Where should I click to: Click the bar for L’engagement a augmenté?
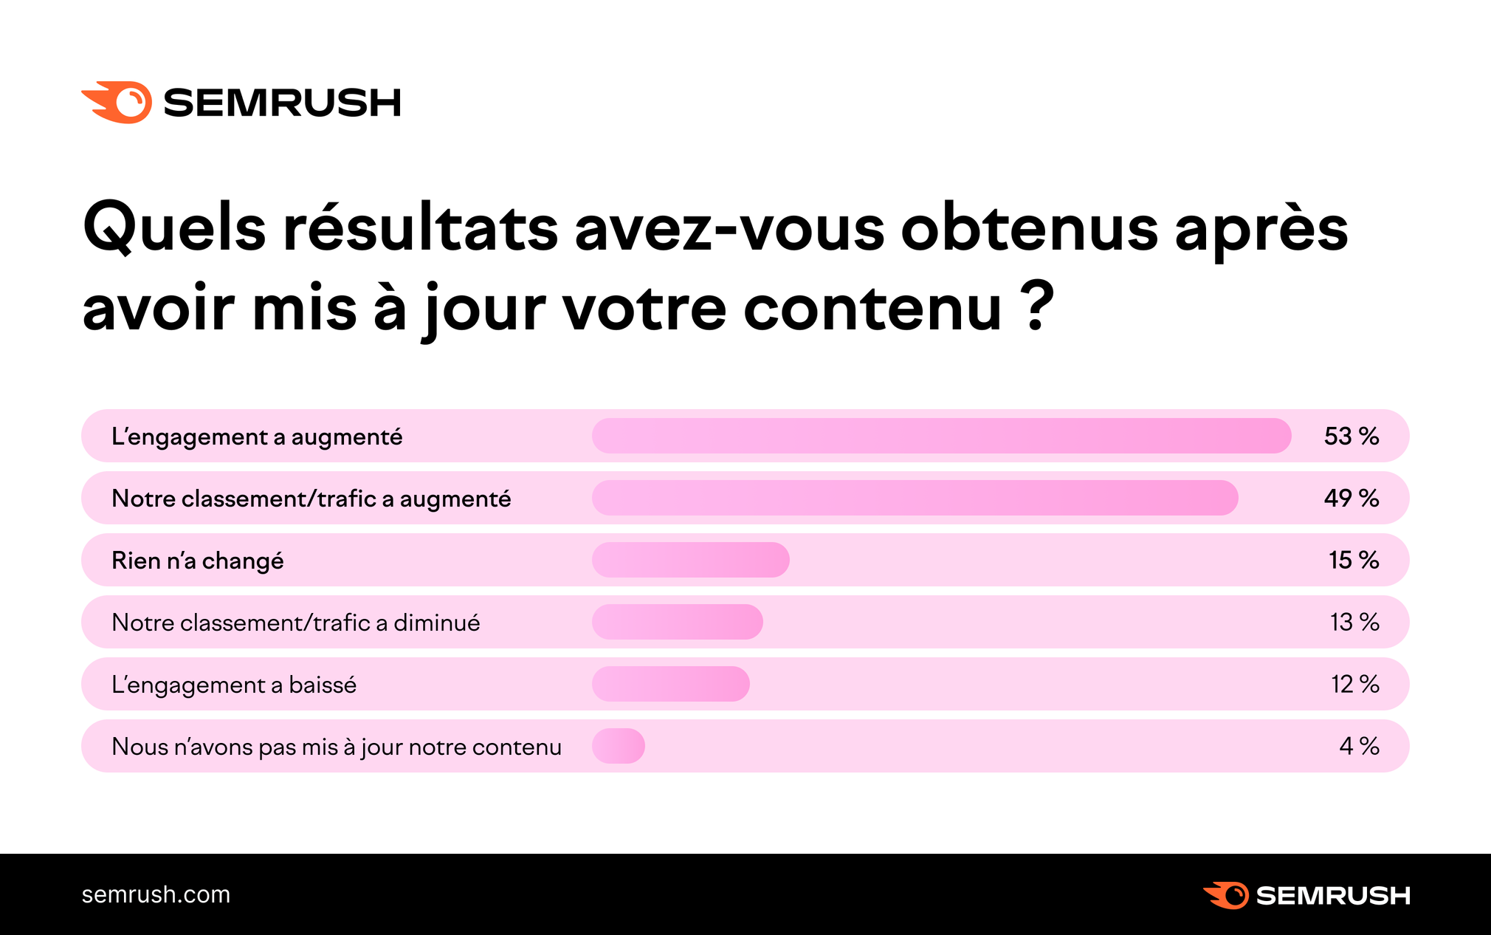click(941, 436)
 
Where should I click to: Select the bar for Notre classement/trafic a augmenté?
click(915, 498)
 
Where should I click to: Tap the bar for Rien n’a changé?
click(690, 560)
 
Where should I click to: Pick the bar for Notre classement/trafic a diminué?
click(677, 622)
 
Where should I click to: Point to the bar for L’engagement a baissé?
click(670, 684)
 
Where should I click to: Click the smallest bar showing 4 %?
click(619, 746)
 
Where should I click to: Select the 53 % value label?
click(1351, 436)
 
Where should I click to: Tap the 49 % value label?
click(1351, 498)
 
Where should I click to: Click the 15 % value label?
click(1353, 560)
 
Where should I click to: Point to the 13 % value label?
click(1354, 622)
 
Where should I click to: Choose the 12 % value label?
click(1354, 684)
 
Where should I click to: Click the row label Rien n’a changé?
click(197, 561)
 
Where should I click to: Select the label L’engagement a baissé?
click(233, 685)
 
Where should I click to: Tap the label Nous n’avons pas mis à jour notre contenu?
click(336, 747)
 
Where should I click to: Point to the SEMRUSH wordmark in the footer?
click(1332, 895)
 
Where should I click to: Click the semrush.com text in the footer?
click(156, 894)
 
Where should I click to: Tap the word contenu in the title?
click(872, 309)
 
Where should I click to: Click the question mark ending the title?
click(1039, 306)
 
